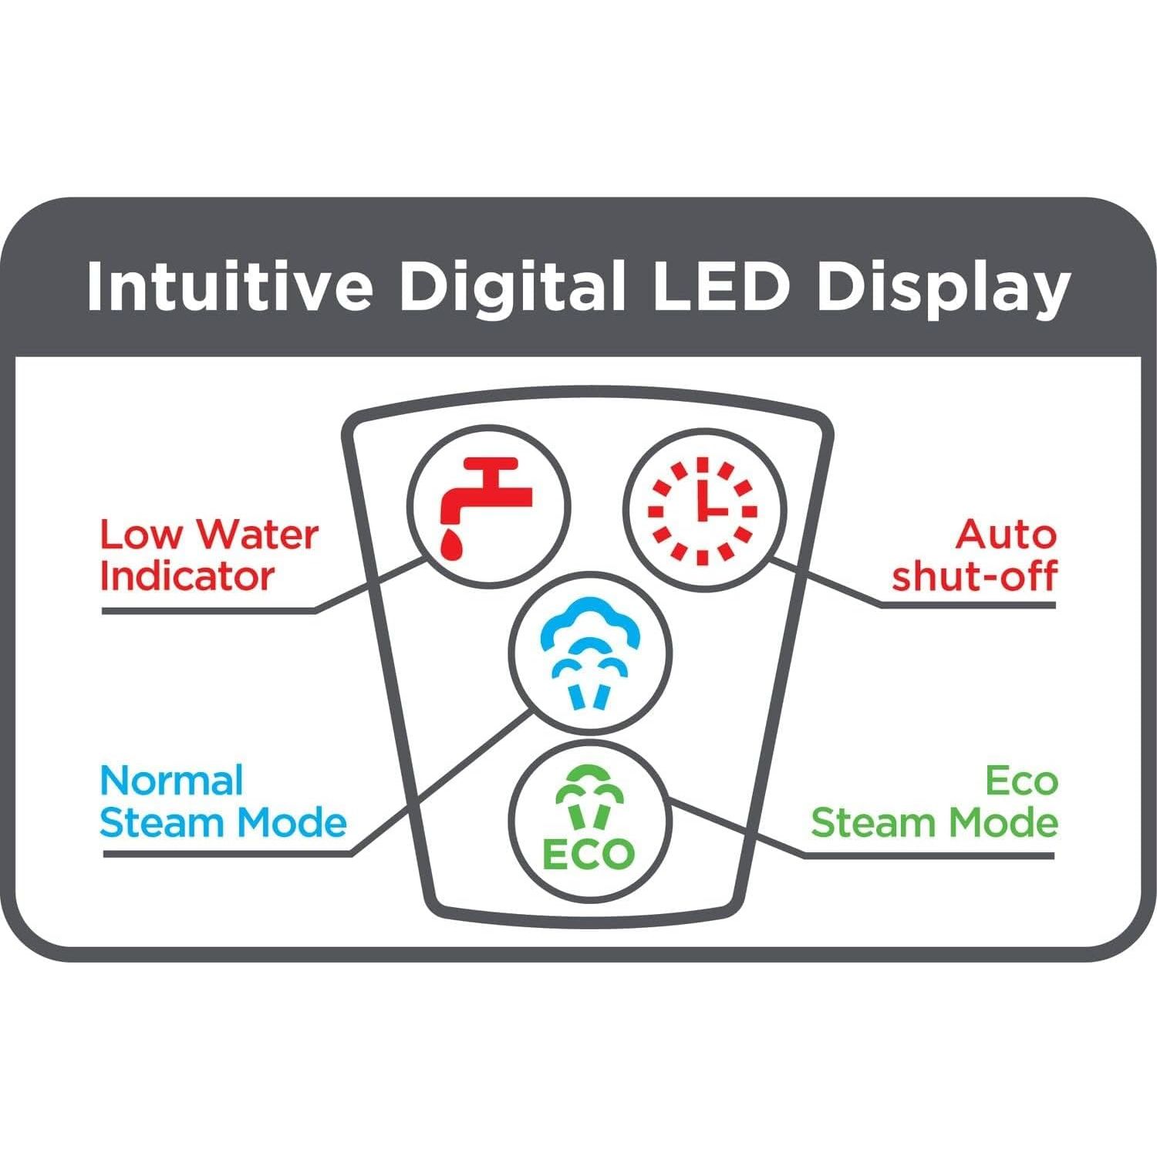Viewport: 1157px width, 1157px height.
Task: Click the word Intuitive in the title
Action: click(230, 285)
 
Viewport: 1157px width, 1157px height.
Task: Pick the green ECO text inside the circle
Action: click(589, 853)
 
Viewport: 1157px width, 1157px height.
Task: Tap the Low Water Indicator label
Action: click(209, 555)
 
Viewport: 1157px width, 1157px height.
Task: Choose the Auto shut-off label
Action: click(974, 555)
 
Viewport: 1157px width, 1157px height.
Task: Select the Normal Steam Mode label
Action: click(223, 802)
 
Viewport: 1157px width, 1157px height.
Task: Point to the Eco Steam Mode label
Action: click(934, 802)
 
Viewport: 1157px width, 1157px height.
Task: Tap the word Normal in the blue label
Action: click(171, 781)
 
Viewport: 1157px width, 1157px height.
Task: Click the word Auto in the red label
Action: click(1007, 535)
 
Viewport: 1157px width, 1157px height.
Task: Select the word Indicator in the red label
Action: click(187, 576)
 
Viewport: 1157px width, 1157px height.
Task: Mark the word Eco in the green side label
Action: click(1022, 781)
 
